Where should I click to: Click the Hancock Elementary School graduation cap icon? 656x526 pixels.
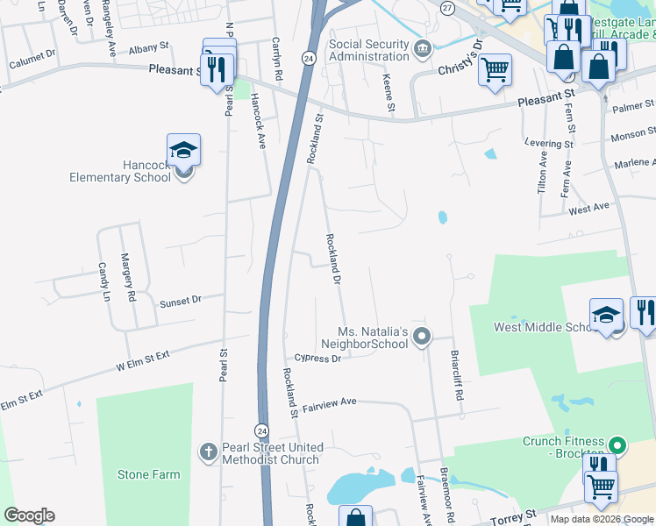[x=184, y=150]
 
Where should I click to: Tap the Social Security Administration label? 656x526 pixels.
[x=369, y=51]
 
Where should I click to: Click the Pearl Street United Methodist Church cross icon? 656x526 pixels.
[x=208, y=452]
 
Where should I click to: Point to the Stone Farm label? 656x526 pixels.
[x=149, y=474]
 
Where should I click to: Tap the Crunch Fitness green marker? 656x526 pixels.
[x=617, y=446]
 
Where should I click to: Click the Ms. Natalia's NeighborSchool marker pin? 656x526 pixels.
[x=422, y=336]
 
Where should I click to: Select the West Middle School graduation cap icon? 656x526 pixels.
[x=606, y=316]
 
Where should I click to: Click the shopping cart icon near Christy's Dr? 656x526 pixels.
[x=496, y=69]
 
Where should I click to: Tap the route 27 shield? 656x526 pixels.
[x=448, y=8]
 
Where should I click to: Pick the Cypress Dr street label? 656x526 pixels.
[x=317, y=358]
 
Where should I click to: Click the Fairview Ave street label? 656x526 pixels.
[x=329, y=402]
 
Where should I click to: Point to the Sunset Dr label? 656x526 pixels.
[x=180, y=301]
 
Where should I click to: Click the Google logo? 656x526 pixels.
[x=29, y=515]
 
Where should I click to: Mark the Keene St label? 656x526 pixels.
[x=389, y=92]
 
